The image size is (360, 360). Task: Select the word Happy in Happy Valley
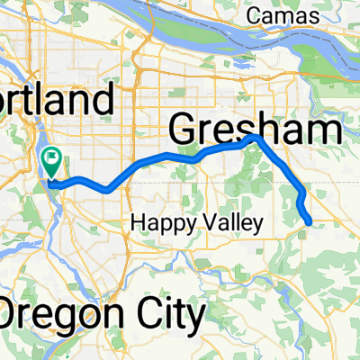point(155,221)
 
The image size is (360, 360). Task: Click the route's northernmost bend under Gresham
point(256,138)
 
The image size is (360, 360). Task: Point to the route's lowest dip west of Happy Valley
point(108,190)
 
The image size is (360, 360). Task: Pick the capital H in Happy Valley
point(138,221)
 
